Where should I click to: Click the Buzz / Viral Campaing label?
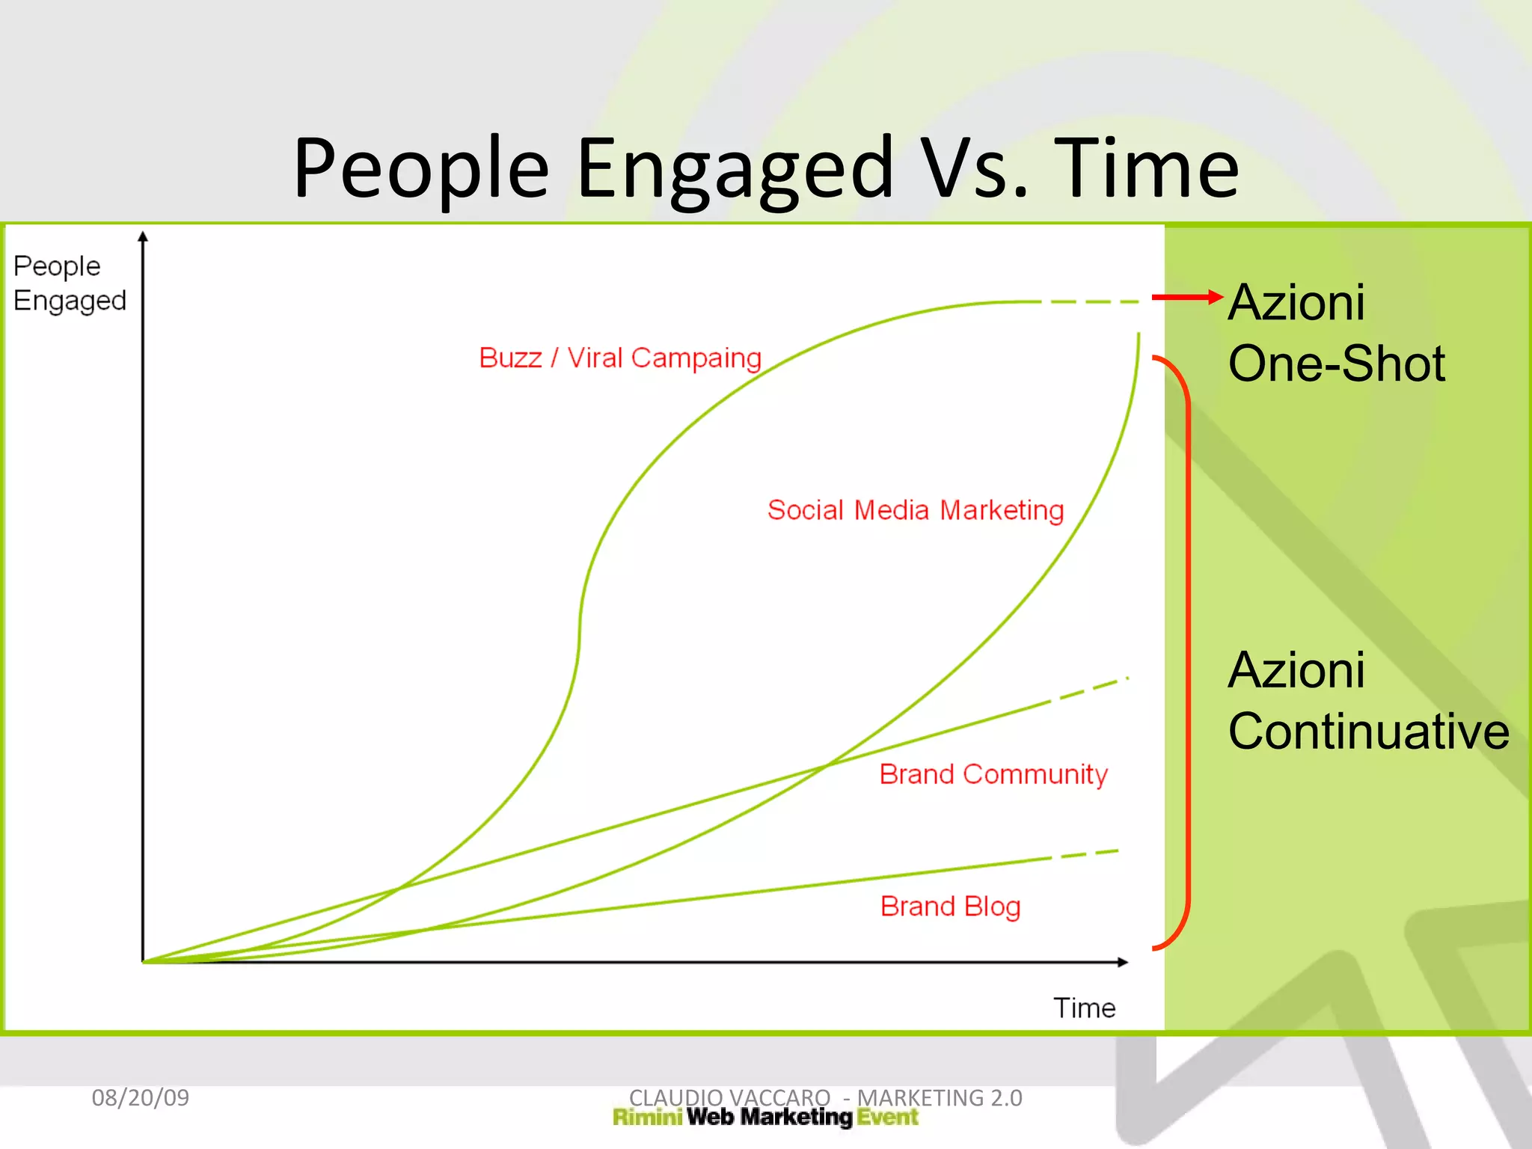click(x=619, y=358)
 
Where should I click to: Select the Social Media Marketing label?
click(x=915, y=510)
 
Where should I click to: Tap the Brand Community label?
click(x=993, y=774)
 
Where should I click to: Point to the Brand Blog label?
click(x=950, y=907)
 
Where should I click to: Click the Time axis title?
click(x=1084, y=1008)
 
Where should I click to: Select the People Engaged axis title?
click(x=69, y=284)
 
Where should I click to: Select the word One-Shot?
click(x=1336, y=364)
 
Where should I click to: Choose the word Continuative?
click(x=1368, y=732)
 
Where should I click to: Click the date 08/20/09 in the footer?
click(x=140, y=1097)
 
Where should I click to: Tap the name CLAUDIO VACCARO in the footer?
click(x=729, y=1097)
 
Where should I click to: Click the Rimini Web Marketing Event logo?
click(x=765, y=1118)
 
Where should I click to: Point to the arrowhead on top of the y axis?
click(x=143, y=236)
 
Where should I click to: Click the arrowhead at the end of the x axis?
click(x=1123, y=962)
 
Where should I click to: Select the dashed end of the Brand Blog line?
click(x=1088, y=854)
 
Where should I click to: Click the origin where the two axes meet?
click(x=144, y=962)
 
